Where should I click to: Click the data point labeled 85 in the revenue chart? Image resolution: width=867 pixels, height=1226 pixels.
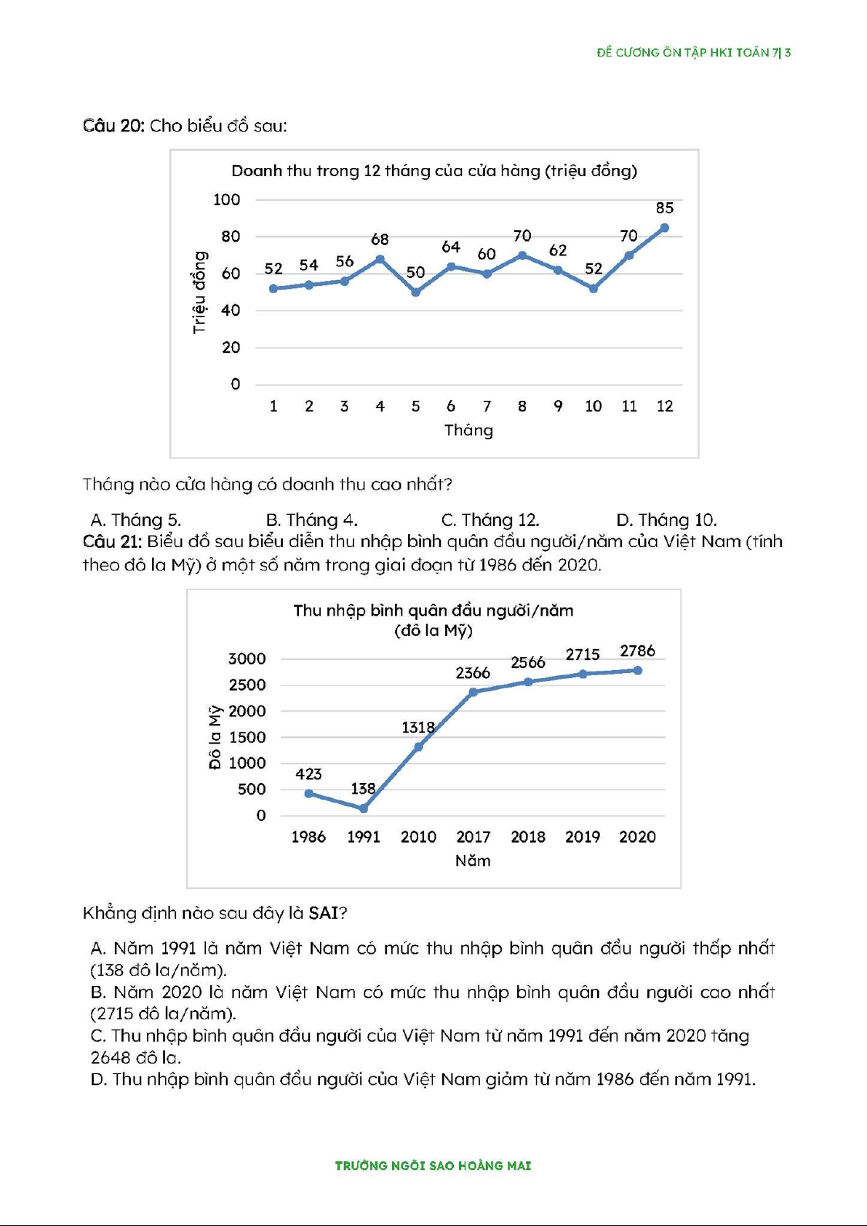pyautogui.click(x=664, y=228)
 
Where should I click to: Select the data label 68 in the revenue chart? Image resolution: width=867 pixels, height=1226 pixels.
pyautogui.click(x=380, y=239)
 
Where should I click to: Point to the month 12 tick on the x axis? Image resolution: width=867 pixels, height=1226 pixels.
pyautogui.click(x=665, y=406)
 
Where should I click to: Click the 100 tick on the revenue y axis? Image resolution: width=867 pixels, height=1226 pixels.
pyautogui.click(x=226, y=199)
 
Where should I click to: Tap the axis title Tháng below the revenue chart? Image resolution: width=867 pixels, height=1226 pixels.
pyautogui.click(x=468, y=430)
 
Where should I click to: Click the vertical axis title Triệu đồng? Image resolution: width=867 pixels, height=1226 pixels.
pyautogui.click(x=199, y=292)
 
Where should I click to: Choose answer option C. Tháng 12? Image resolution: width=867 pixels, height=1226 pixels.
pyautogui.click(x=490, y=520)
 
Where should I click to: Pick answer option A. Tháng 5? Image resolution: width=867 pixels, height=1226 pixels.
pyautogui.click(x=135, y=520)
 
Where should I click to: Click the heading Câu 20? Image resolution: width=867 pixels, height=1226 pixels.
pyautogui.click(x=113, y=126)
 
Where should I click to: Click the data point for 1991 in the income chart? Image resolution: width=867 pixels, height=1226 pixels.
pyautogui.click(x=364, y=808)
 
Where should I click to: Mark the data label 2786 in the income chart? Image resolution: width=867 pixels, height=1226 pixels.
pyautogui.click(x=637, y=651)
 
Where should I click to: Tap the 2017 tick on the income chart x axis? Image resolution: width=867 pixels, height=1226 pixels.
pyautogui.click(x=473, y=837)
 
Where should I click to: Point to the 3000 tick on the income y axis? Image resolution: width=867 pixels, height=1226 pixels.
pyautogui.click(x=247, y=659)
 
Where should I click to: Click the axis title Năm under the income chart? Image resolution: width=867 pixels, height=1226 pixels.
pyautogui.click(x=473, y=861)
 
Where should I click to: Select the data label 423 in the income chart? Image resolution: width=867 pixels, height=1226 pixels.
pyautogui.click(x=308, y=774)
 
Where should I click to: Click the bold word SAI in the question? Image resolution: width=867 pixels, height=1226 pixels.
pyautogui.click(x=323, y=913)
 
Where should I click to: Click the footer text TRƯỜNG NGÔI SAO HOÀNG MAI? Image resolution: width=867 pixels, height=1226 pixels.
pyautogui.click(x=433, y=1166)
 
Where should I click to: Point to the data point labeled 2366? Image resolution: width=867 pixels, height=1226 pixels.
pyautogui.click(x=474, y=692)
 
